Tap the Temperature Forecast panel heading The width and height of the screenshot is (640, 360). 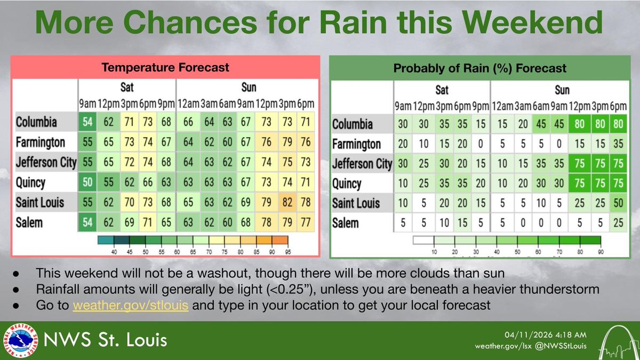[x=166, y=67]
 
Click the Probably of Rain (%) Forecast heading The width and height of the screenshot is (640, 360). [x=480, y=68]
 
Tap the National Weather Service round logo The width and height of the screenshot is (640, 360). [x=18, y=340]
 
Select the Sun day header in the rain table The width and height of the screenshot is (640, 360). [x=562, y=89]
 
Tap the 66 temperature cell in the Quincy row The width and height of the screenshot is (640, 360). [x=147, y=182]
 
